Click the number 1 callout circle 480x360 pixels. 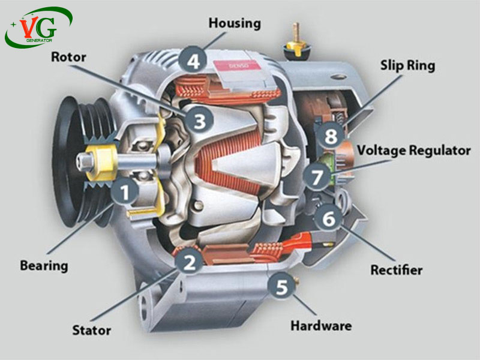click(x=125, y=191)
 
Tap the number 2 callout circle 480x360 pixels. click(x=189, y=261)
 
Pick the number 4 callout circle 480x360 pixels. click(x=193, y=60)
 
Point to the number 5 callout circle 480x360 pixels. click(x=281, y=286)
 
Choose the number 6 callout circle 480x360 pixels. click(x=328, y=218)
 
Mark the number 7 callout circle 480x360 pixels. click(x=317, y=176)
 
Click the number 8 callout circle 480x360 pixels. click(x=331, y=135)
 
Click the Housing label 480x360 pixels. click(x=235, y=23)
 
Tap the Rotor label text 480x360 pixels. click(x=68, y=57)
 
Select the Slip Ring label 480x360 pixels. click(x=407, y=66)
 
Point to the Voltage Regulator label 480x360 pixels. click(x=414, y=151)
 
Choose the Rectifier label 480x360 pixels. click(x=397, y=269)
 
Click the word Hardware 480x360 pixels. click(x=321, y=325)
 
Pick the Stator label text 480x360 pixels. click(x=92, y=331)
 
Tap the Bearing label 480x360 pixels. click(x=44, y=266)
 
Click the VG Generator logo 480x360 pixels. click(x=38, y=27)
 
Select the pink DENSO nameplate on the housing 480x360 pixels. click(x=237, y=65)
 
